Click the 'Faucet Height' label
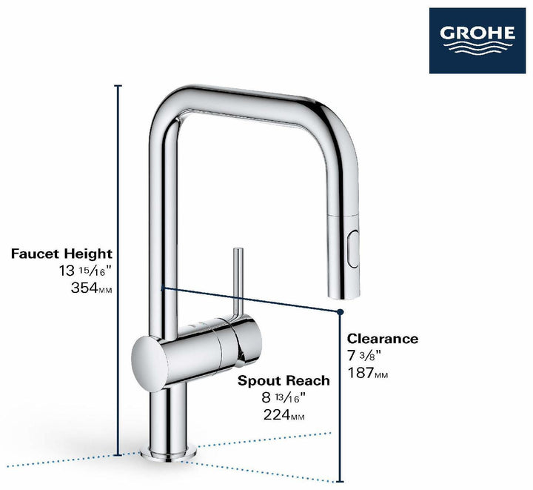pyautogui.click(x=61, y=254)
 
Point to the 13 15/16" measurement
pyautogui.click(x=86, y=271)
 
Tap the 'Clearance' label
pyautogui.click(x=383, y=339)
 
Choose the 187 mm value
pyautogui.click(x=368, y=373)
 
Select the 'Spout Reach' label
pyautogui.click(x=284, y=381)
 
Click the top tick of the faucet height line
pyautogui.click(x=118, y=86)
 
